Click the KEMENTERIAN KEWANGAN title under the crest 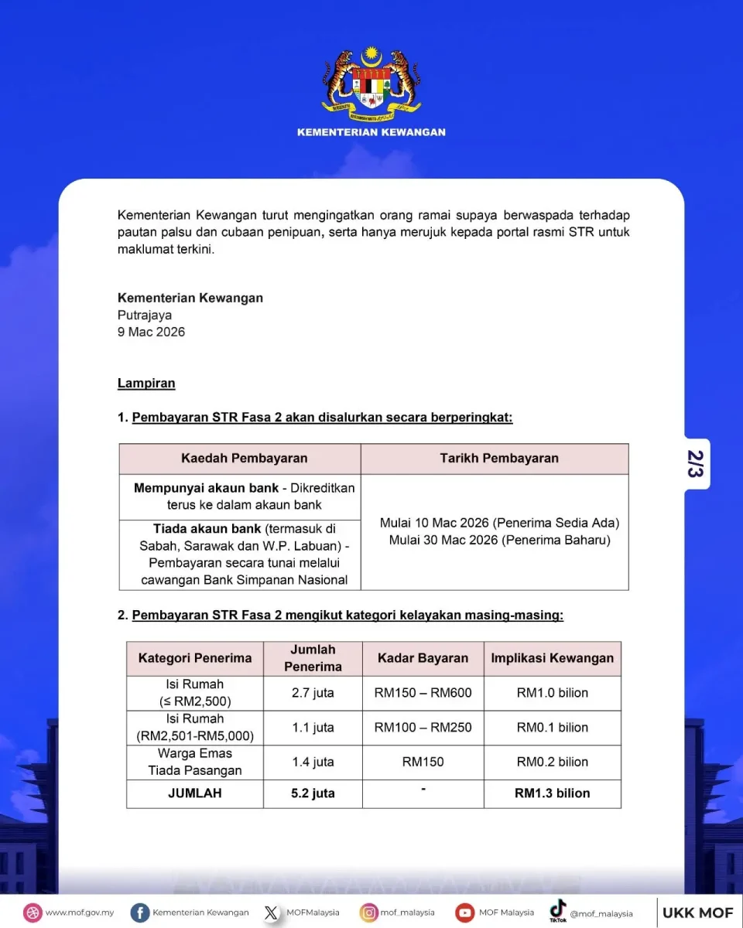[x=371, y=132]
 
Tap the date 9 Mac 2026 [x=151, y=332]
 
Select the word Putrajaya [x=145, y=315]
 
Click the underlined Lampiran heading [x=146, y=383]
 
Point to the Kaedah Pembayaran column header [x=244, y=458]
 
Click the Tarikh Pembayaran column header [x=499, y=458]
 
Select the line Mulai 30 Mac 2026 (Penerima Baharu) [x=499, y=541]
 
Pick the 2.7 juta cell [x=313, y=693]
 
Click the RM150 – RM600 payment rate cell [x=423, y=693]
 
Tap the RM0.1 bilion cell [x=552, y=727]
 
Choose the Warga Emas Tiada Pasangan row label [x=195, y=762]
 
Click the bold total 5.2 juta [x=313, y=793]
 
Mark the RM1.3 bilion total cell [x=552, y=793]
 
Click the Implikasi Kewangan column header [x=552, y=658]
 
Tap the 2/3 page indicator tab [x=696, y=464]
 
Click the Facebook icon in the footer [x=140, y=913]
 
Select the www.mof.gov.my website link [x=79, y=913]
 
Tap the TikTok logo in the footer [x=558, y=911]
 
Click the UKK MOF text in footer [x=697, y=913]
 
